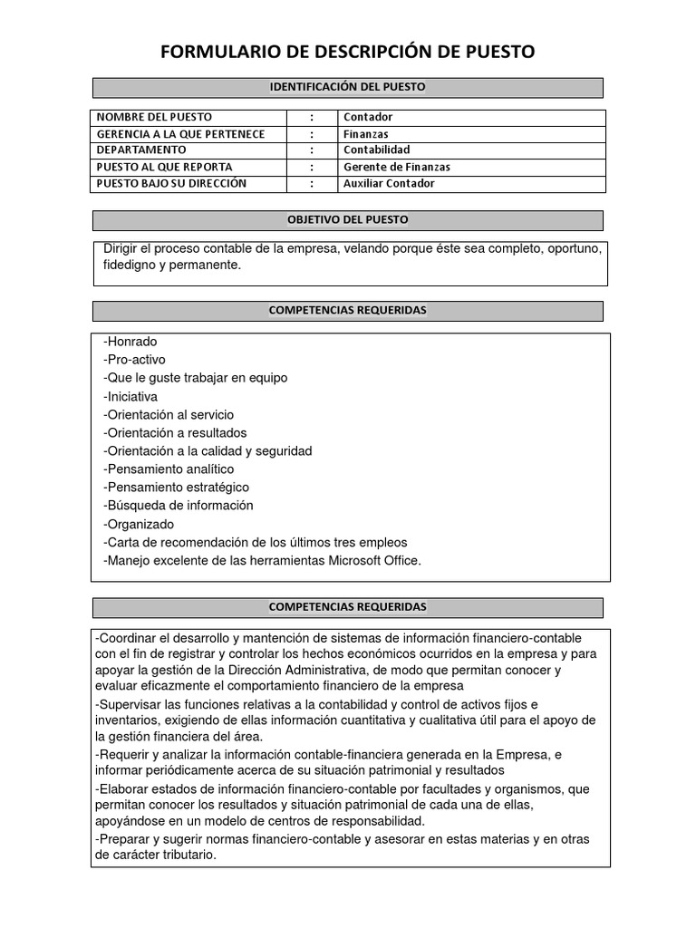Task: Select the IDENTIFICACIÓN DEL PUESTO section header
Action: (348, 87)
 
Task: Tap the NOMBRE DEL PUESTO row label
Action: (154, 117)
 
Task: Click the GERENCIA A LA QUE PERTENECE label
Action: (180, 134)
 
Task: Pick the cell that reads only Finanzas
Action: (365, 134)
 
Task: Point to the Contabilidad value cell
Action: (377, 150)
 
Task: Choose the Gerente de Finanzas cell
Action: (397, 167)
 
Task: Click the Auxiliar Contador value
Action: (389, 183)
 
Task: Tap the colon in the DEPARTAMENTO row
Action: (312, 150)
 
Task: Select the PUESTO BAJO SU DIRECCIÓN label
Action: (171, 183)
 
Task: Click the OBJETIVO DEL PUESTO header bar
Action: (348, 220)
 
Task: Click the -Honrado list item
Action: (130, 342)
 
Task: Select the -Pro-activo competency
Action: (135, 360)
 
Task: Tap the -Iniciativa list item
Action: (130, 396)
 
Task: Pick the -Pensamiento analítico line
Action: (169, 469)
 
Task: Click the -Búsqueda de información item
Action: (179, 506)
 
